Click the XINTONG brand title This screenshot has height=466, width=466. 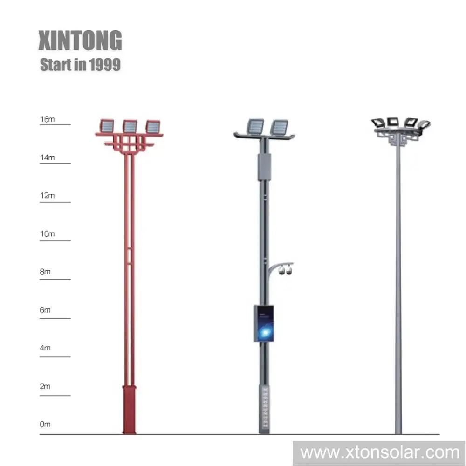[80, 41]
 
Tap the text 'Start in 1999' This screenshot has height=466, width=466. [80, 64]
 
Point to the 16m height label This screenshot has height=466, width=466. [47, 119]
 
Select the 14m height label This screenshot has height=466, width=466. [47, 158]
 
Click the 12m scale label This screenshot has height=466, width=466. [47, 196]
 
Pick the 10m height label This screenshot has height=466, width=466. [47, 234]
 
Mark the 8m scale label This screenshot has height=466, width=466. [45, 272]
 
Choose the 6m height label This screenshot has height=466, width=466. [45, 310]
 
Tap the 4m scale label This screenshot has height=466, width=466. [45, 349]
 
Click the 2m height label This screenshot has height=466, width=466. [45, 387]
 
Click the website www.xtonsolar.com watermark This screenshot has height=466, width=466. [379, 452]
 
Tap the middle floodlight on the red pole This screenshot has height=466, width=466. [130, 126]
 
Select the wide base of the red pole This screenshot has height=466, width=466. [129, 410]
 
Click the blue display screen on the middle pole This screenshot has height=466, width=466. [264, 323]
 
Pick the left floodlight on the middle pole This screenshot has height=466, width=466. [255, 125]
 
